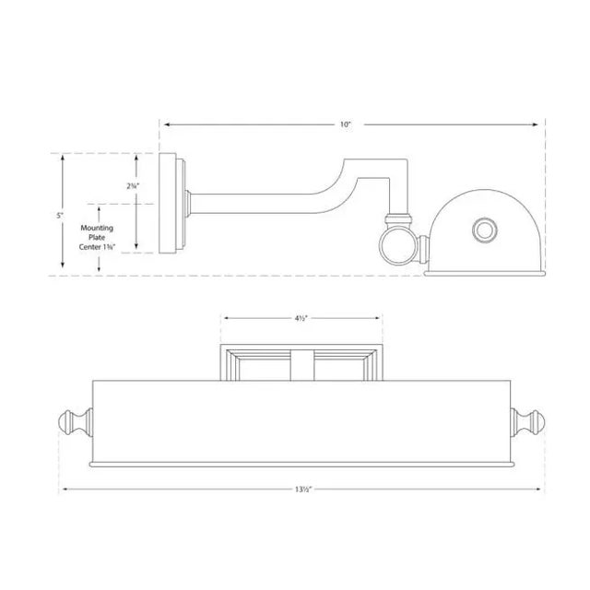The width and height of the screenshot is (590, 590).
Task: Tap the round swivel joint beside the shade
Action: click(397, 246)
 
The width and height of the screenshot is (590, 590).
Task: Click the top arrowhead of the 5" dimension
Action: click(62, 158)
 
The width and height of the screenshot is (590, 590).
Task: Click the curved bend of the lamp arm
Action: click(334, 184)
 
